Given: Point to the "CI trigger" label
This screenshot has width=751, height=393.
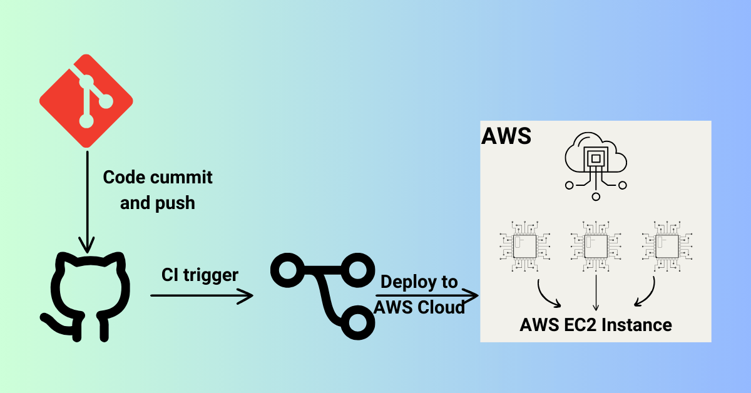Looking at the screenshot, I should (x=200, y=275).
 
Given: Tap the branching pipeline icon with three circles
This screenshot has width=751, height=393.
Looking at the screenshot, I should (x=320, y=294).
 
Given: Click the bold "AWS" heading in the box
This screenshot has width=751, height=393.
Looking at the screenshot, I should (x=506, y=136).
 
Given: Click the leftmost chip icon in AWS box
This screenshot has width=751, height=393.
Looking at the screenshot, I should (x=524, y=246).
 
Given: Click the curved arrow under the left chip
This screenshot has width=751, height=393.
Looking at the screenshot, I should (x=548, y=294).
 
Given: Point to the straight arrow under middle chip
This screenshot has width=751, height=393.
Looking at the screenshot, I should (x=595, y=293).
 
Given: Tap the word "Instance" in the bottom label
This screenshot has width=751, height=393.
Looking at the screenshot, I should (x=638, y=325).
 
